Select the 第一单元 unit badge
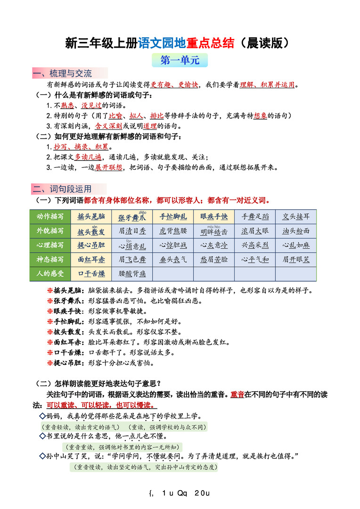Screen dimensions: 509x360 point(180,61)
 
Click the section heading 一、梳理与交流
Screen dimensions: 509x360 point(63,74)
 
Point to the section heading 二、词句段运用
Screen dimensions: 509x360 point(63,189)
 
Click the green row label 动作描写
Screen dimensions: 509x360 point(50,217)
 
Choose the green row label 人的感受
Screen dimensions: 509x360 point(50,273)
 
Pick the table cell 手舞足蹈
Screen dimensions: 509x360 point(255,217)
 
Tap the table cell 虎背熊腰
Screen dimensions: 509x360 point(173,231)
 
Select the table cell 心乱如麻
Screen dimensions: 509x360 point(296,245)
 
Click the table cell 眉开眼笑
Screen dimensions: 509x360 point(296,259)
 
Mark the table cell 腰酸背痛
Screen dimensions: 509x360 point(132,273)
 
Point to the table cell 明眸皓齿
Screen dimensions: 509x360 point(214,231)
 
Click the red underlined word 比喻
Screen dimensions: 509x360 point(115,115)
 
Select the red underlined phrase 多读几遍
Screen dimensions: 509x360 point(88,157)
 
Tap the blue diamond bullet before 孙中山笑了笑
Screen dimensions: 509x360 point(42,456)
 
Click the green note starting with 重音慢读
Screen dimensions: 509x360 point(144,467)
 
